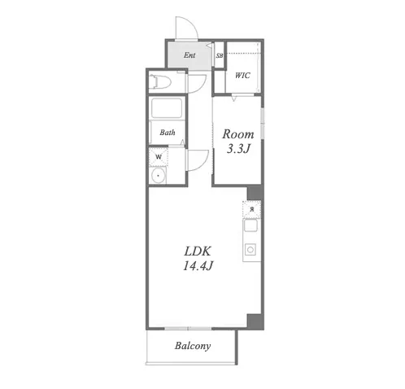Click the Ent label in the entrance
point(189,55)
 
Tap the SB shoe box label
point(220,55)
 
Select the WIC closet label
point(242,75)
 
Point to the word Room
point(238,134)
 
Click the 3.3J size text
point(238,149)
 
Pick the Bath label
point(168,133)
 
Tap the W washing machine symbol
point(159,156)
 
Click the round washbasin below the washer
point(158,175)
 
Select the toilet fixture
point(159,81)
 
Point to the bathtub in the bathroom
point(167,108)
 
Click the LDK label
point(198,251)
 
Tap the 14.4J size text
point(198,265)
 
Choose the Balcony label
point(193,346)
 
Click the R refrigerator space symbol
point(252,209)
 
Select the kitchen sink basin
point(250,225)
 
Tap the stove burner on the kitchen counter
point(250,250)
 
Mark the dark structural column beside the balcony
point(255,321)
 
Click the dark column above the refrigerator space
point(255,193)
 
